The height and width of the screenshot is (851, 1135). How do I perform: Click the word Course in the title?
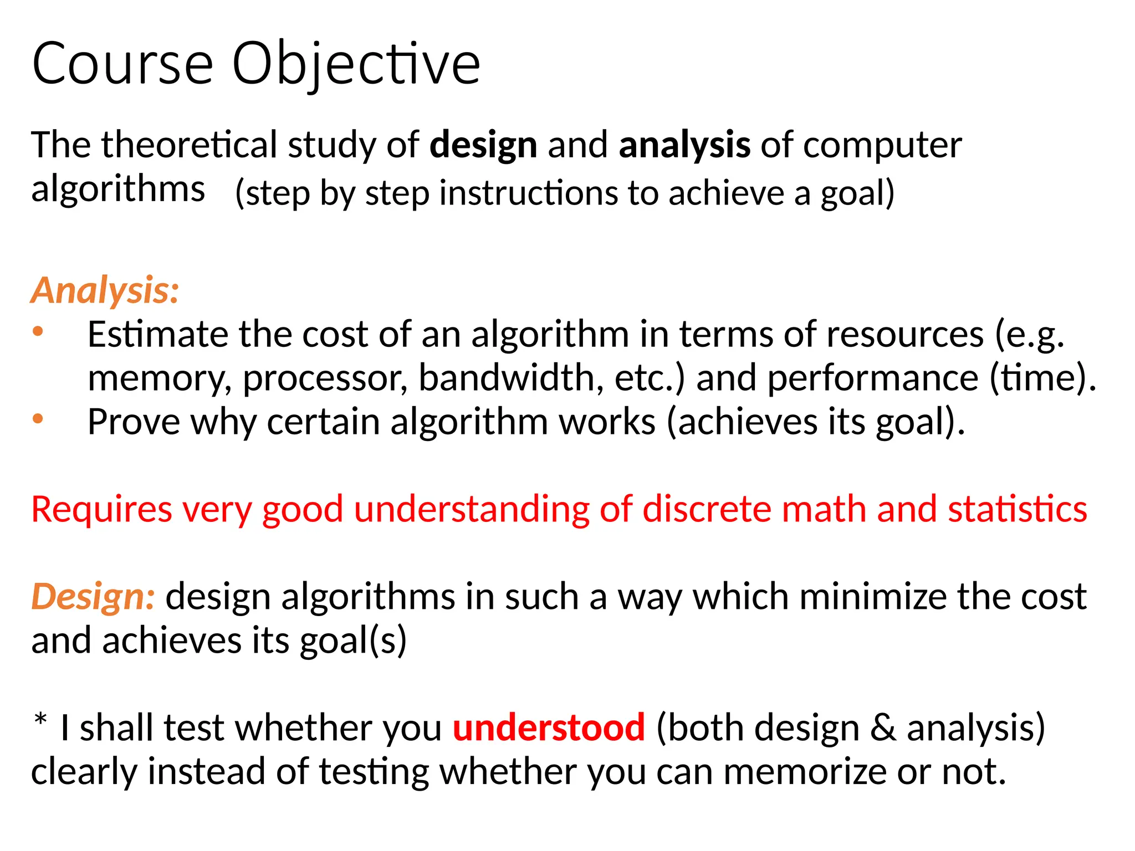[x=122, y=65]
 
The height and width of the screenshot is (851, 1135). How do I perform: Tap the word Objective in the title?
[x=356, y=65]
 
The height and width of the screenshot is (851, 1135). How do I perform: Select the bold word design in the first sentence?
[x=483, y=145]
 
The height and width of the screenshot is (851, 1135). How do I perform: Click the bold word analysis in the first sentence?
[x=684, y=145]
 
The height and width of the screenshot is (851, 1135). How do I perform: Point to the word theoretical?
[x=189, y=145]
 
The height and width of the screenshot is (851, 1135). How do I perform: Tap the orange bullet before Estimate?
[x=38, y=332]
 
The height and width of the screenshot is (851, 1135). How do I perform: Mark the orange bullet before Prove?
[x=38, y=419]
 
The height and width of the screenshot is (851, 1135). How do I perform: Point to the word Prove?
[x=134, y=422]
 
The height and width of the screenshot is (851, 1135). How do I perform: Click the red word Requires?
[x=101, y=510]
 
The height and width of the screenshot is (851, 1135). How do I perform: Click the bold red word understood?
[x=549, y=728]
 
